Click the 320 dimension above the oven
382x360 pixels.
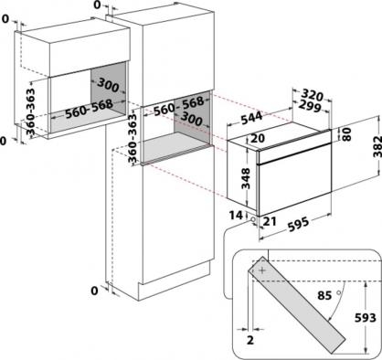click(313, 96)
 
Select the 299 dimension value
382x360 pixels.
click(309, 106)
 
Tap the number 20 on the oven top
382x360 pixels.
click(258, 138)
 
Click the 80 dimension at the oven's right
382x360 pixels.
click(347, 134)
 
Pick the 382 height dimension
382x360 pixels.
click(377, 146)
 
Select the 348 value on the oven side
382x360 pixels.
click(245, 178)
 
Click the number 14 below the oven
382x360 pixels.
click(236, 216)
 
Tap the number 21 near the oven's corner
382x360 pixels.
click(270, 221)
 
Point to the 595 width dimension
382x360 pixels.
click(298, 225)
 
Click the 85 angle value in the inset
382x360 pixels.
click(324, 295)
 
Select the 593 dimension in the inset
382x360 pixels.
click(366, 318)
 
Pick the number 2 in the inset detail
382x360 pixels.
click(250, 340)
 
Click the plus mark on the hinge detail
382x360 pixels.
click(262, 270)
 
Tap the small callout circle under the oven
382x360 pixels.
click(253, 219)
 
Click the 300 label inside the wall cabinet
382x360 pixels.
click(108, 85)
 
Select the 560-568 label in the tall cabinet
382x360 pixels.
click(178, 106)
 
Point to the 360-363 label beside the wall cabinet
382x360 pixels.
click(30, 111)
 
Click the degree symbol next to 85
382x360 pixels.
click(338, 292)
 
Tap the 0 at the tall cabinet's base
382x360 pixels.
click(95, 291)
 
